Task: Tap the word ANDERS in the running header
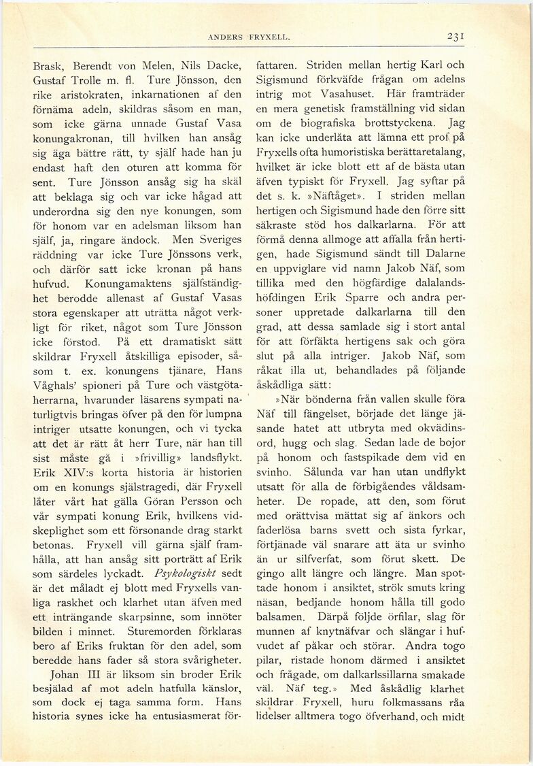[x=227, y=38]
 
